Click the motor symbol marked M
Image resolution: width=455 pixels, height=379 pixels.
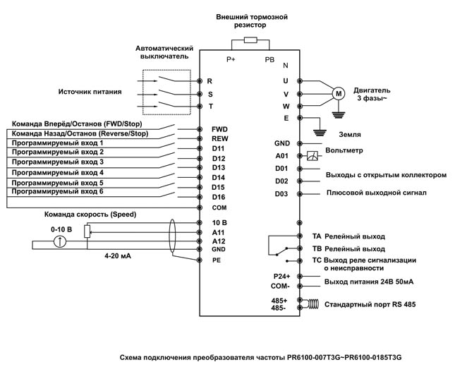point(337,93)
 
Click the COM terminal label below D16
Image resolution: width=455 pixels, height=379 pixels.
point(219,207)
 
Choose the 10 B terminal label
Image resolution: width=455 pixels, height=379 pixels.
point(219,222)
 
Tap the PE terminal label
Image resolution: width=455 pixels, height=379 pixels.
point(218,260)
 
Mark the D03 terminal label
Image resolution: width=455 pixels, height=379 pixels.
point(282,193)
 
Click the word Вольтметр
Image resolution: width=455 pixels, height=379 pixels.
point(344,150)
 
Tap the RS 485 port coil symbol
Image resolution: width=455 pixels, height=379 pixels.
point(310,305)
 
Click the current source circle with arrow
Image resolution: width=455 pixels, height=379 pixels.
point(61,242)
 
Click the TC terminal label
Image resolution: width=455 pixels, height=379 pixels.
point(317,260)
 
